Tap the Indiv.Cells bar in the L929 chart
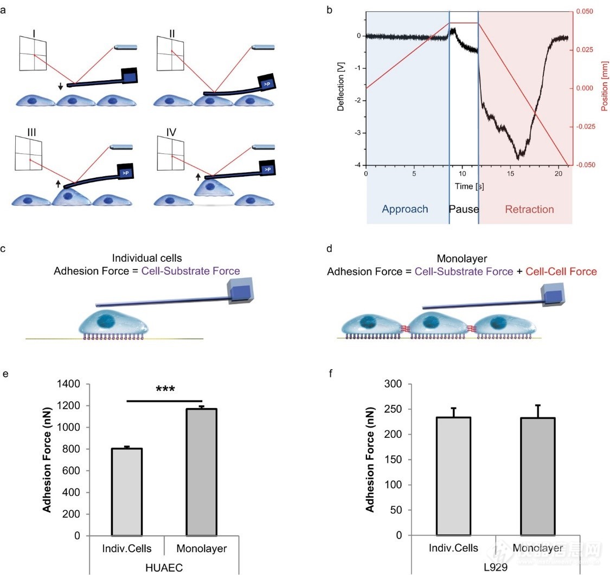click(453, 476)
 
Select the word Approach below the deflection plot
click(404, 209)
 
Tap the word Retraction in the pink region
click(529, 209)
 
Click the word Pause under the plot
click(464, 209)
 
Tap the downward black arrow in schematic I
click(60, 86)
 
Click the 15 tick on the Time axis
click(510, 173)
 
